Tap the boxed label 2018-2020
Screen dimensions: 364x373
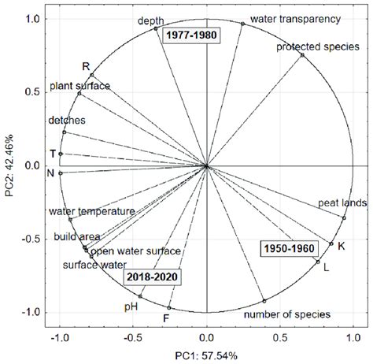[x=153, y=277]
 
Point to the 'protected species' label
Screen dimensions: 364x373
[x=308, y=47]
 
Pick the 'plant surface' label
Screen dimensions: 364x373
[x=79, y=85]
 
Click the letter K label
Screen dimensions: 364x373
[x=341, y=247]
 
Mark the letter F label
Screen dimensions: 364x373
[x=166, y=318]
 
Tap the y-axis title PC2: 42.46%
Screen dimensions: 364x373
[x=9, y=165]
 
